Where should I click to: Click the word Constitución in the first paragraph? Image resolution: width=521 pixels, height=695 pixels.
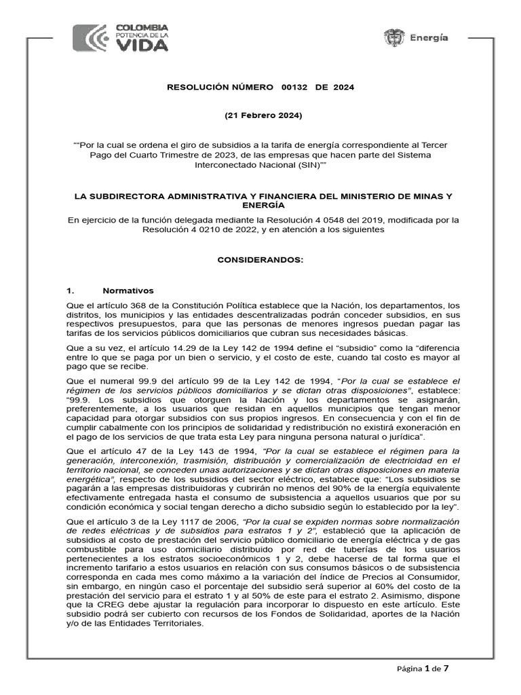click(x=185, y=305)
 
